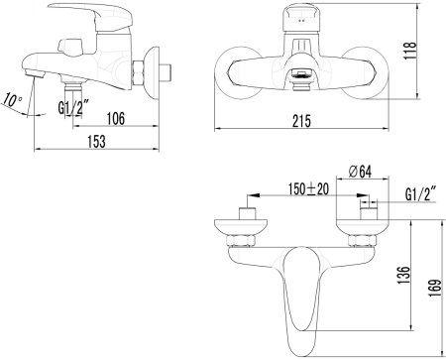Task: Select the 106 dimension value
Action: [114, 119]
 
